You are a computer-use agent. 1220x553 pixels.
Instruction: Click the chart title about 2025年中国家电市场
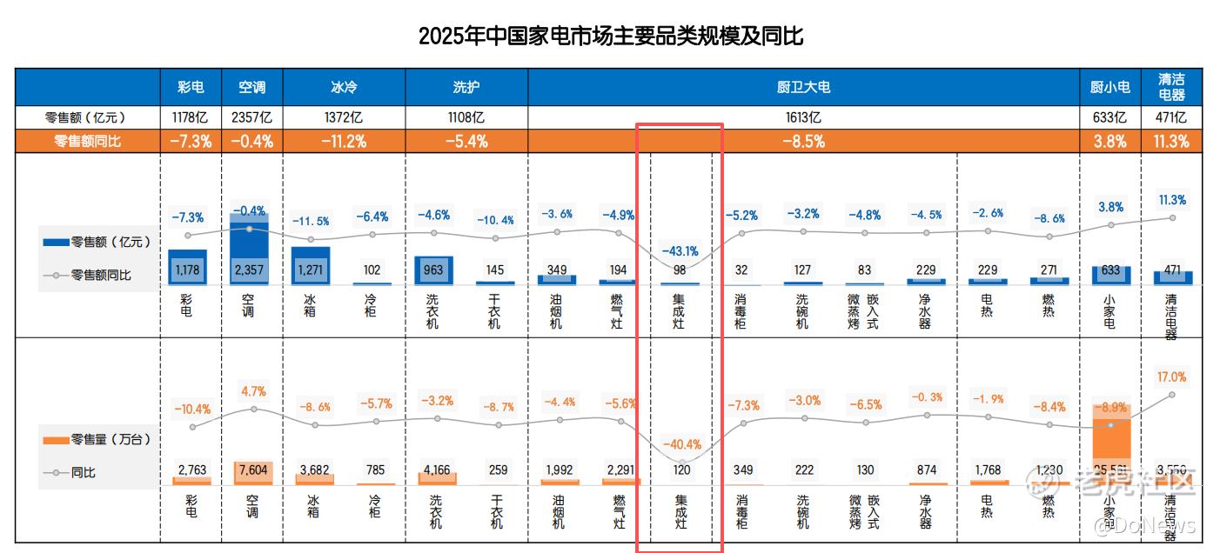[x=610, y=37]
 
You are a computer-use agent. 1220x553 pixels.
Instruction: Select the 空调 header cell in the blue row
[x=251, y=88]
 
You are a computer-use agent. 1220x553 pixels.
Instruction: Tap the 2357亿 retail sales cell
[x=251, y=117]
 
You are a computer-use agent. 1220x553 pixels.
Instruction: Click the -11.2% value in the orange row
[x=344, y=142]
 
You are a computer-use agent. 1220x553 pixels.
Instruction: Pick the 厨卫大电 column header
[x=802, y=88]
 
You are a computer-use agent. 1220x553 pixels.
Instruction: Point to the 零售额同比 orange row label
[x=88, y=142]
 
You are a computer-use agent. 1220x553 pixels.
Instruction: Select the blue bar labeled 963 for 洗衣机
[x=433, y=270]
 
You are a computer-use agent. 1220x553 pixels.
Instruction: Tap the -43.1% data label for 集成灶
[x=680, y=251]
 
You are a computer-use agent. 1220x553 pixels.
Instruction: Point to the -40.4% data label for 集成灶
[x=682, y=444]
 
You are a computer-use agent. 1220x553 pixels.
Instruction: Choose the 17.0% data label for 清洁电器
[x=1171, y=376]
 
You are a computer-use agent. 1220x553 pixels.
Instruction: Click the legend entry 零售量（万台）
[x=97, y=440]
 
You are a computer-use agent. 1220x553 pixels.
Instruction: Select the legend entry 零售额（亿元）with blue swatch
[x=97, y=242]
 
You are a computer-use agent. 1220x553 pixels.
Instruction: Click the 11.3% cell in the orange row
[x=1171, y=142]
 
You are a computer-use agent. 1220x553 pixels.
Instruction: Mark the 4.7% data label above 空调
[x=254, y=391]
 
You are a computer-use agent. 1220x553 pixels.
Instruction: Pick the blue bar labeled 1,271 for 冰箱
[x=311, y=265]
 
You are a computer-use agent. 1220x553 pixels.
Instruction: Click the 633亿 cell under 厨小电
[x=1109, y=117]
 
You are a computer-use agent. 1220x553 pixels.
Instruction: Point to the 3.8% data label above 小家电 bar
[x=1110, y=207]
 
